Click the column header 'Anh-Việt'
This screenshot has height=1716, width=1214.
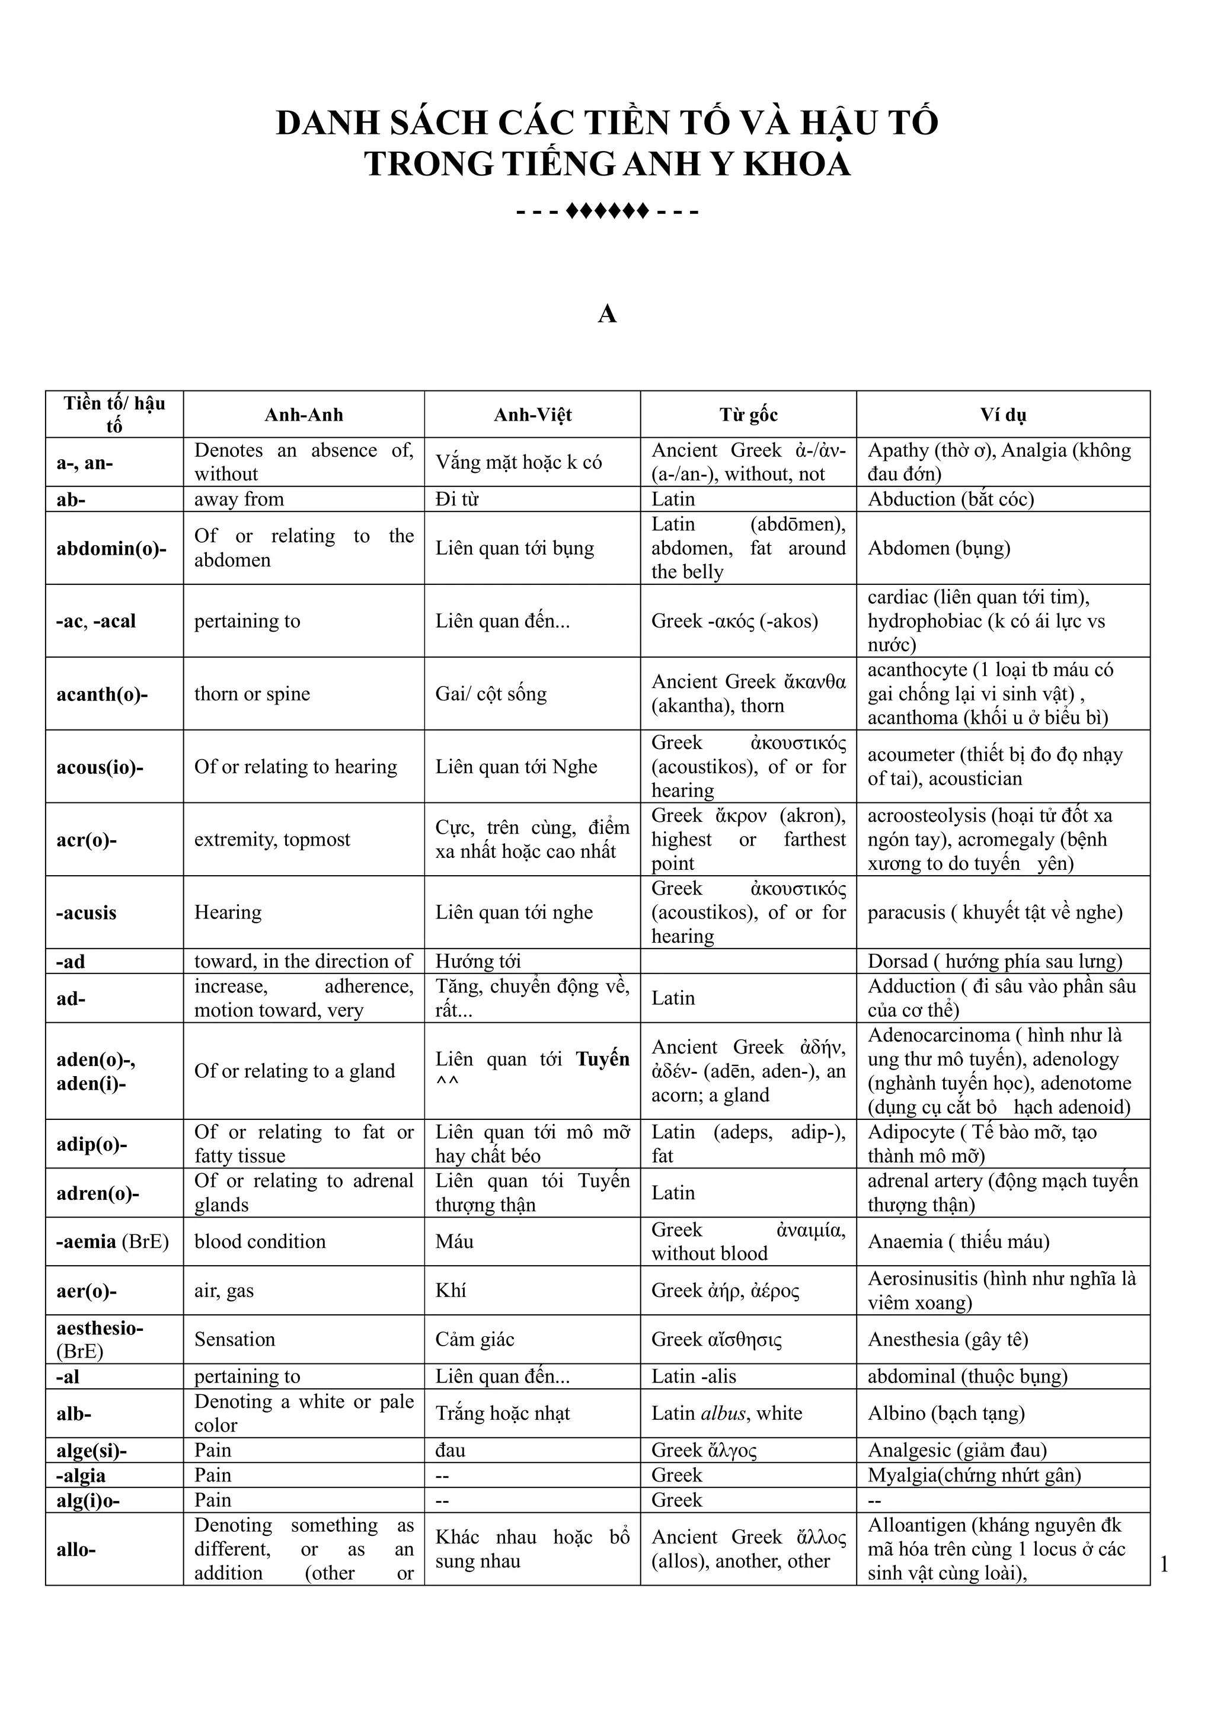pyautogui.click(x=532, y=415)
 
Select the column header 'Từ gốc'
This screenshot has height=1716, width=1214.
pyautogui.click(x=748, y=415)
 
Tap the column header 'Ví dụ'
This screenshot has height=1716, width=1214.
pyautogui.click(x=1002, y=415)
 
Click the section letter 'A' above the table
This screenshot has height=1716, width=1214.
pyautogui.click(x=607, y=315)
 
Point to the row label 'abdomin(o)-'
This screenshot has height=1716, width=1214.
pyautogui.click(x=111, y=548)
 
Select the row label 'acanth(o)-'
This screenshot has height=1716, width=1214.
pyautogui.click(x=103, y=694)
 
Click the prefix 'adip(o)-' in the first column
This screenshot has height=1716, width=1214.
pyautogui.click(x=92, y=1144)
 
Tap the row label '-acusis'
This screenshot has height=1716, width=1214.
pyautogui.click(x=87, y=913)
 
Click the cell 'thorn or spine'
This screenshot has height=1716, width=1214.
pyautogui.click(x=252, y=694)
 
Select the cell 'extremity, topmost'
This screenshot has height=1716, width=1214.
pyautogui.click(x=272, y=839)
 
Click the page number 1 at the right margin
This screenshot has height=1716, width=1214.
pyautogui.click(x=1164, y=1564)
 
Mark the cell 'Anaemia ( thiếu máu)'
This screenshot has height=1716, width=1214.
pyautogui.click(x=959, y=1241)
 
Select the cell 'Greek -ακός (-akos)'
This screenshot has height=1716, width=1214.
pyautogui.click(x=735, y=621)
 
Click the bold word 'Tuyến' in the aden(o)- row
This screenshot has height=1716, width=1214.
pyautogui.click(x=602, y=1059)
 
